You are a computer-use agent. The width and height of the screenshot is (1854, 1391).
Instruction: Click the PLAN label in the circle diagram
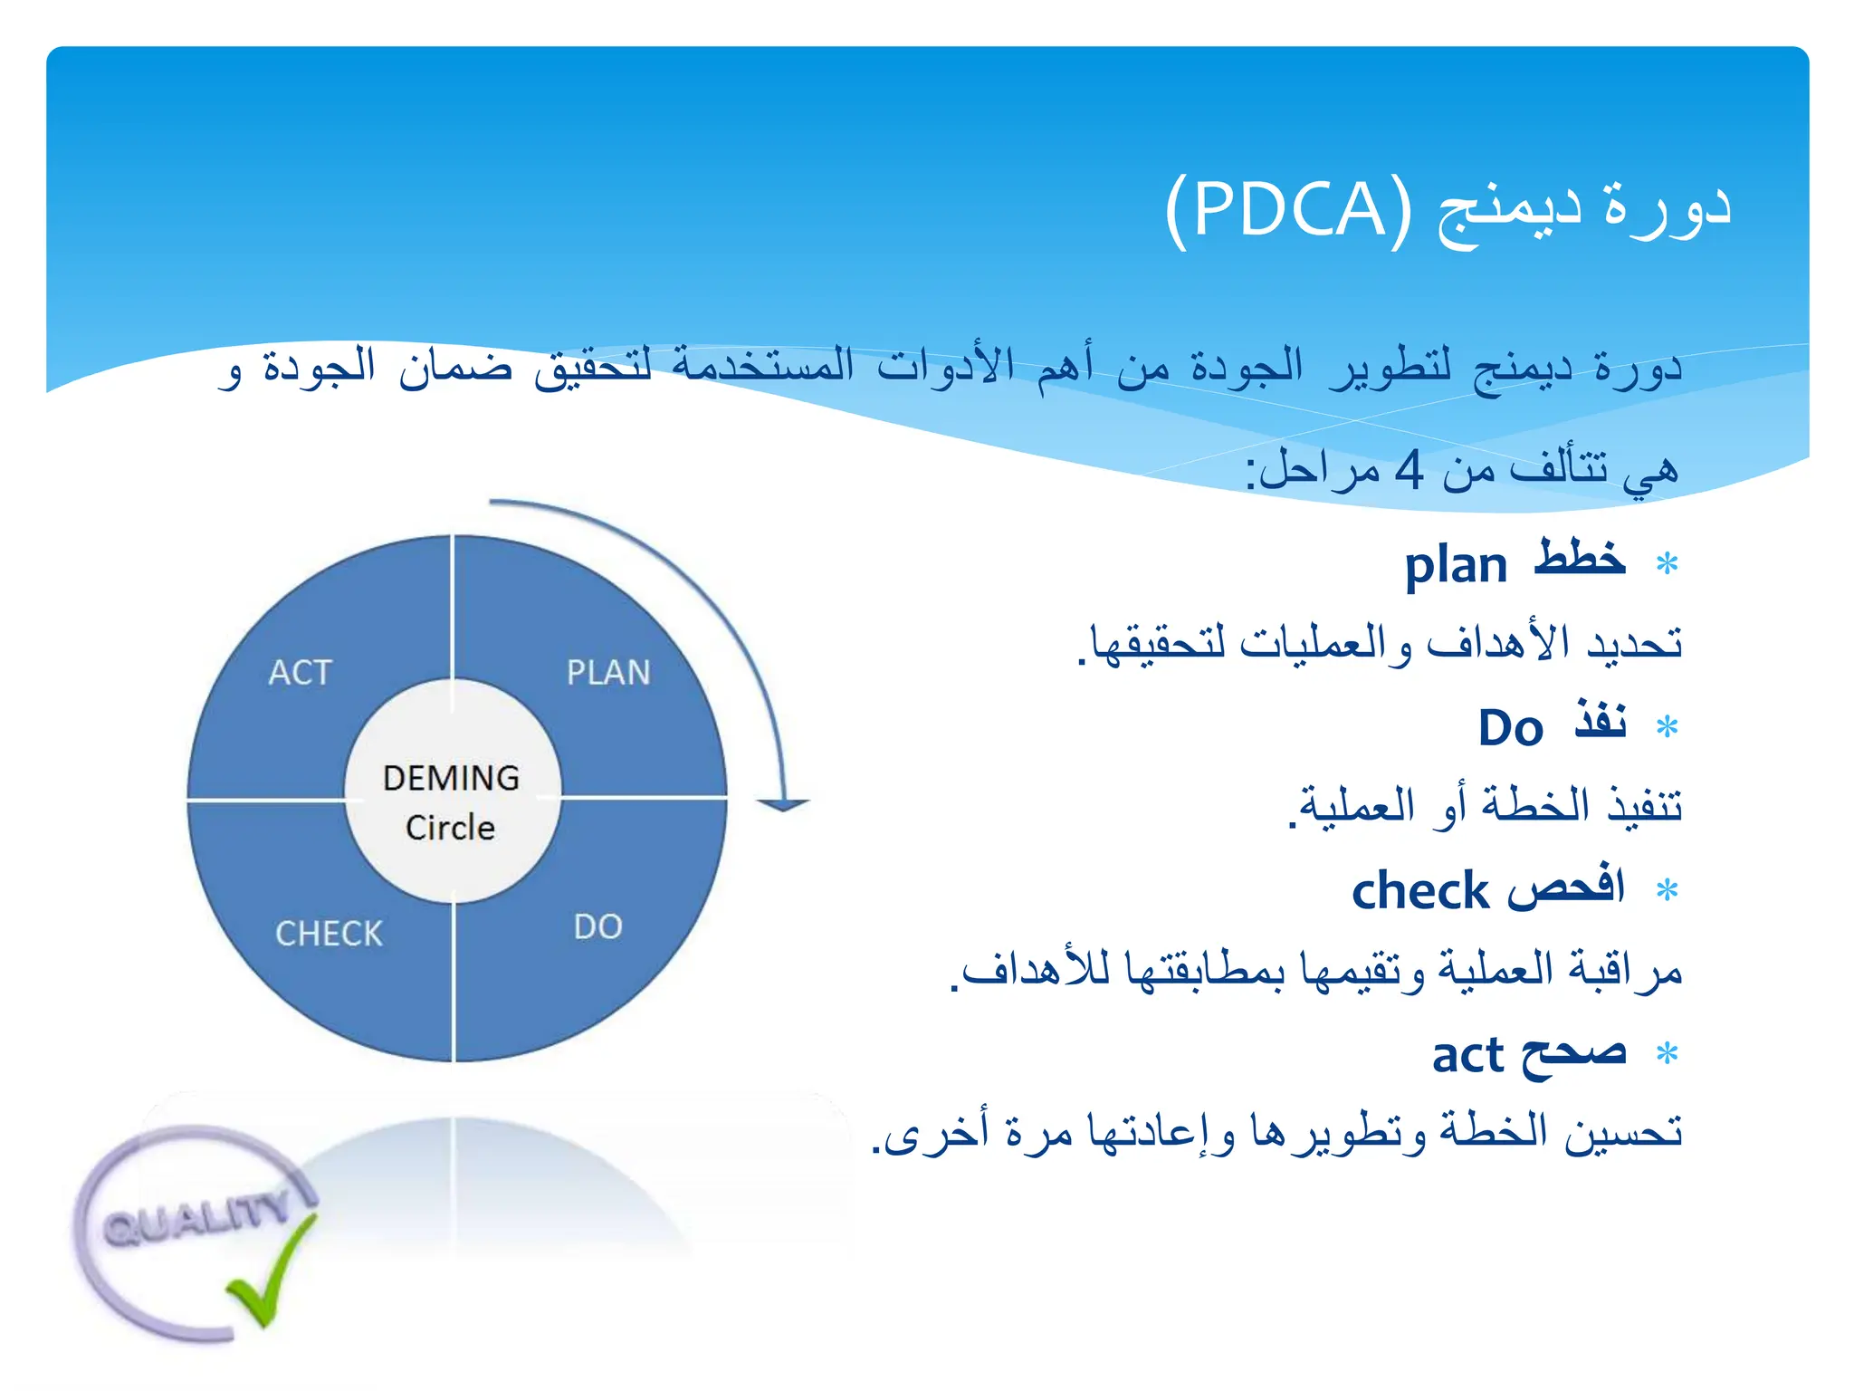[608, 673]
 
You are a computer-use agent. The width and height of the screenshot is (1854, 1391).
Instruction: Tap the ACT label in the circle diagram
[301, 673]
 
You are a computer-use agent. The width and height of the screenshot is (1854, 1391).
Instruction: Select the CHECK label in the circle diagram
[330, 934]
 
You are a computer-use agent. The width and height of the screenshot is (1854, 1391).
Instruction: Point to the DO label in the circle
[597, 927]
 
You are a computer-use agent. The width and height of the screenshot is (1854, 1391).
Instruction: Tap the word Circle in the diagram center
[450, 828]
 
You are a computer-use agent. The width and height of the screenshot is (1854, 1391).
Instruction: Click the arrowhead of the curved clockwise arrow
[782, 804]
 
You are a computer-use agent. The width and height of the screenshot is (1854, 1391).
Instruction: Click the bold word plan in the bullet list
[1455, 566]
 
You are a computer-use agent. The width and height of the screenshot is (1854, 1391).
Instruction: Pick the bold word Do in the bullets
[1510, 728]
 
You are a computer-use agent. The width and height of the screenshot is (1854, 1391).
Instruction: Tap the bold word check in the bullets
[1419, 891]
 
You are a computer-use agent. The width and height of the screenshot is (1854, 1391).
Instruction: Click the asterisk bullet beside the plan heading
[1667, 564]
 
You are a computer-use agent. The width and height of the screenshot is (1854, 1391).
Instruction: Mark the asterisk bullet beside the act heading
[1667, 1053]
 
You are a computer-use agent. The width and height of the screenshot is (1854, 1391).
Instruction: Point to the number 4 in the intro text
[1409, 470]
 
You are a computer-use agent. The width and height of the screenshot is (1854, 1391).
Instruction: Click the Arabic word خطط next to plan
[1580, 560]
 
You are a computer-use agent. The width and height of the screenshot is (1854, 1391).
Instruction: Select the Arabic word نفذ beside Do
[1601, 722]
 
